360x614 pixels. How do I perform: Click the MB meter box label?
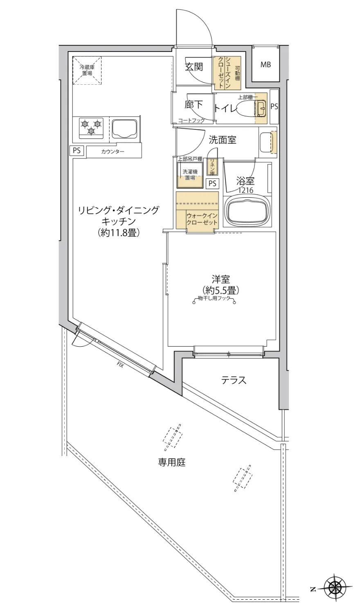(266, 65)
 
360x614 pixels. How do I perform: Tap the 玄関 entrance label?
(194, 67)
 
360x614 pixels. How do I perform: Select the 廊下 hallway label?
(193, 105)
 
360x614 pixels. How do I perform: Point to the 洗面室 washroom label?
(223, 140)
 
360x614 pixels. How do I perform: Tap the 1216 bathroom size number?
(245, 190)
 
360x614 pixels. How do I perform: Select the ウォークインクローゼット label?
(201, 219)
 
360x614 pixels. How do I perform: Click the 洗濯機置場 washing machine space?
(190, 175)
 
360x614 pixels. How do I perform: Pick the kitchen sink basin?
(124, 129)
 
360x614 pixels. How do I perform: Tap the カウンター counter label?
(113, 152)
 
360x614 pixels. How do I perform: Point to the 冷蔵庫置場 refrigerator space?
(87, 70)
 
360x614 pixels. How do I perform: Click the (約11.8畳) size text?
(119, 233)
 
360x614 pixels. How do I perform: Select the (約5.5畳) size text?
(220, 290)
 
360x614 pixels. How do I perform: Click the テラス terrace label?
(234, 380)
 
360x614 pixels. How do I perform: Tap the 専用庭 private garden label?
(172, 463)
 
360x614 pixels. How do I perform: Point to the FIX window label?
(120, 364)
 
